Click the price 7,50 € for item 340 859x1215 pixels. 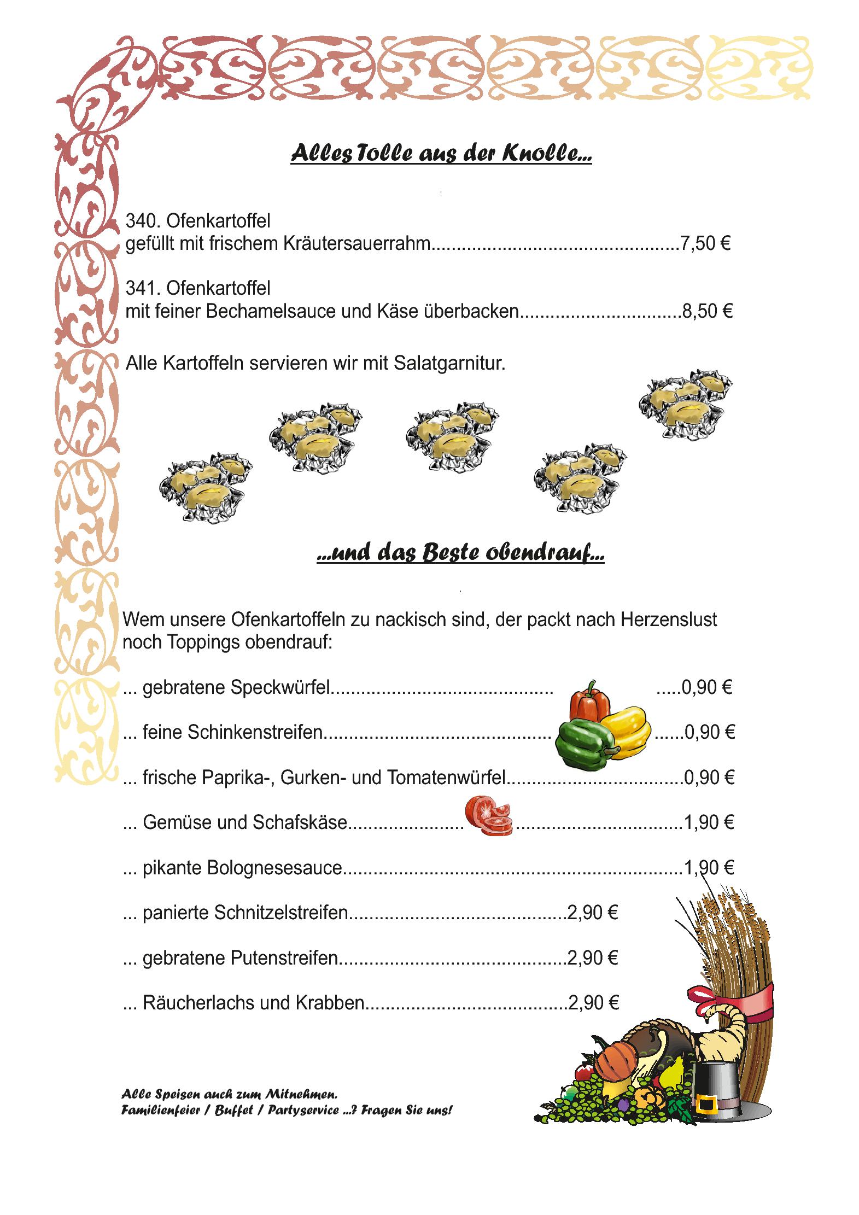click(705, 243)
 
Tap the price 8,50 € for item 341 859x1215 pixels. click(706, 311)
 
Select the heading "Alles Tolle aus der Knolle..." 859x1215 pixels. click(441, 154)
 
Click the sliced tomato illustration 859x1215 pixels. click(489, 816)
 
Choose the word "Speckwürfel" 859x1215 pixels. click(281, 688)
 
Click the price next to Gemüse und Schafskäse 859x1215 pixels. click(709, 822)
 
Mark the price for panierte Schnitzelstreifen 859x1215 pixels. click(593, 912)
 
